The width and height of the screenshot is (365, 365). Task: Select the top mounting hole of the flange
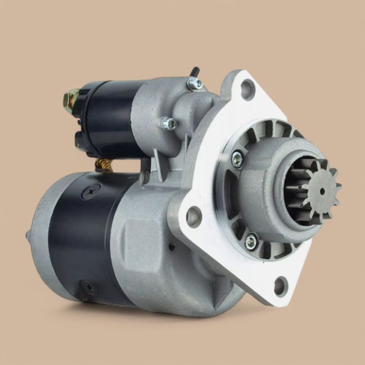point(247,90)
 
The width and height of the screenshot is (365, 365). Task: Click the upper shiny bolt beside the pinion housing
point(237,159)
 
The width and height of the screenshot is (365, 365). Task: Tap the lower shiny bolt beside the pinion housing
point(251,240)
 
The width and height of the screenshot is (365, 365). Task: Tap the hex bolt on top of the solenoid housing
point(196,83)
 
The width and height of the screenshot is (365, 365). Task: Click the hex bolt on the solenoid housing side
point(168,124)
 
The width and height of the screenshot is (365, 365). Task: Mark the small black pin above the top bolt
point(194,71)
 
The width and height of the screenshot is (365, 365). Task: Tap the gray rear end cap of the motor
point(42,235)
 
